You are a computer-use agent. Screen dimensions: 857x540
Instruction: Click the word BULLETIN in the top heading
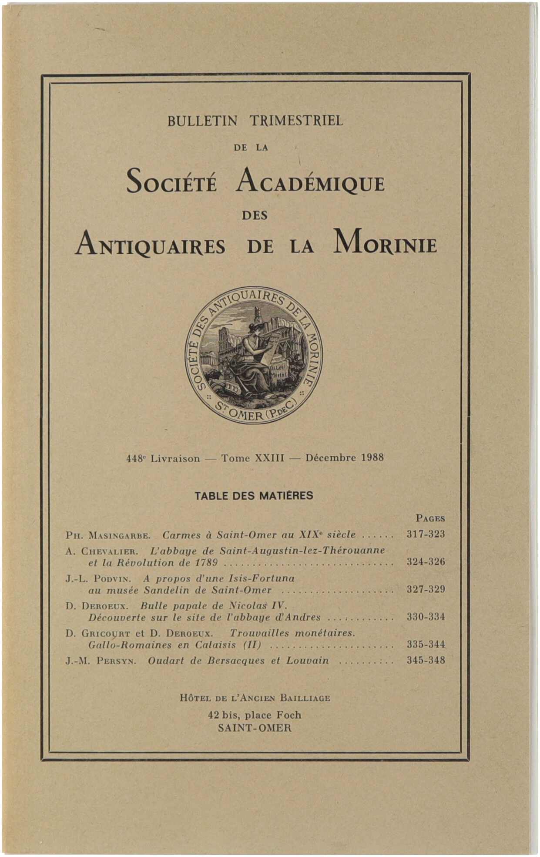click(202, 121)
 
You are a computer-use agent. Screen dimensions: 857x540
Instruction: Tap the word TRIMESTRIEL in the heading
click(296, 121)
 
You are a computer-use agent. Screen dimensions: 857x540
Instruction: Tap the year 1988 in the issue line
click(372, 458)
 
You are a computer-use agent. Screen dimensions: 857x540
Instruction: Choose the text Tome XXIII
click(252, 458)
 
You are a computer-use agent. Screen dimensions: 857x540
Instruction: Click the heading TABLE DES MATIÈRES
click(254, 496)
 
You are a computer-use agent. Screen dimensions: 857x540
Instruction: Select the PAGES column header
click(430, 518)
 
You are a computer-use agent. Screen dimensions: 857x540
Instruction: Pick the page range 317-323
click(426, 534)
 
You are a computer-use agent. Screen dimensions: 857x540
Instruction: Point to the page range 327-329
click(426, 589)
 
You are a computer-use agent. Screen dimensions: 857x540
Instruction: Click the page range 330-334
click(426, 617)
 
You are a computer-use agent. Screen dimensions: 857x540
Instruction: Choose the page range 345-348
click(426, 660)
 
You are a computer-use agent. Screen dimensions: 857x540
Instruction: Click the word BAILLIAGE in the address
click(305, 698)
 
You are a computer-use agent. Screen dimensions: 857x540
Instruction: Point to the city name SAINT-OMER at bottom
click(255, 728)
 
